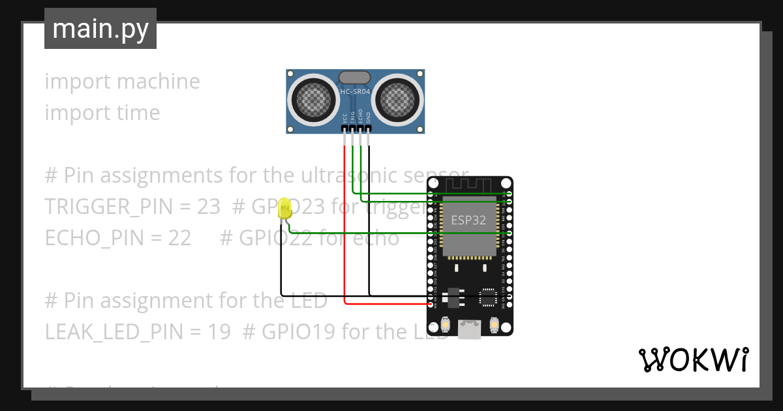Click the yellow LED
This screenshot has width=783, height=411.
tap(284, 209)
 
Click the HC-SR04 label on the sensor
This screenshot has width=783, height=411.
tap(355, 92)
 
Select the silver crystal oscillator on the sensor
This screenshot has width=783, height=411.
tap(354, 78)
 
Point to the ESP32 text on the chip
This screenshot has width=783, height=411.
tap(468, 220)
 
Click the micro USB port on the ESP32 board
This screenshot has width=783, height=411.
tap(469, 329)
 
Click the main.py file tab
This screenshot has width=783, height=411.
tap(100, 29)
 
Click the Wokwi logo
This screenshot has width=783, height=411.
tap(692, 359)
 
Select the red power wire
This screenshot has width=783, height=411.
tap(345, 222)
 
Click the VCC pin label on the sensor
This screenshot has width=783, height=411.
tap(345, 117)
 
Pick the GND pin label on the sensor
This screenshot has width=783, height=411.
tap(368, 117)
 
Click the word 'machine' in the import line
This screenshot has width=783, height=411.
tap(158, 82)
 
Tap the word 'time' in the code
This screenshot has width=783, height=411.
tap(138, 113)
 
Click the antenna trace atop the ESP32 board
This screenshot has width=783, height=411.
tap(469, 186)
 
